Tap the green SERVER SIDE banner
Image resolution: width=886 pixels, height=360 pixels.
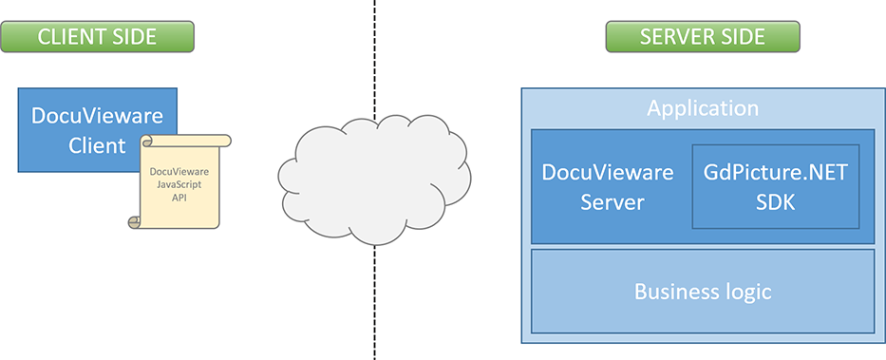(x=702, y=37)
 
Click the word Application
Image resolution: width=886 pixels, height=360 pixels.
(x=702, y=108)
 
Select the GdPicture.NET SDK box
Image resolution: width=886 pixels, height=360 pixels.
(x=775, y=186)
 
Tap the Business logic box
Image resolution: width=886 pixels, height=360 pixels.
(x=702, y=292)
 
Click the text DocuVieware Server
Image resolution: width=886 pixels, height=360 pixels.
(x=607, y=186)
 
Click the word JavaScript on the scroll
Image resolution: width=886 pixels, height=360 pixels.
(x=179, y=184)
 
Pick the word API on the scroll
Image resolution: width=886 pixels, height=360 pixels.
(x=179, y=199)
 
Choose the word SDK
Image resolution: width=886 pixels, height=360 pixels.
(x=775, y=201)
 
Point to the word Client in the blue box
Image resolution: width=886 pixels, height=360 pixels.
(x=97, y=145)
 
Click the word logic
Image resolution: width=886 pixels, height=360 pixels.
(x=746, y=292)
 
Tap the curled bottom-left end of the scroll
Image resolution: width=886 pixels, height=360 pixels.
(x=135, y=221)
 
